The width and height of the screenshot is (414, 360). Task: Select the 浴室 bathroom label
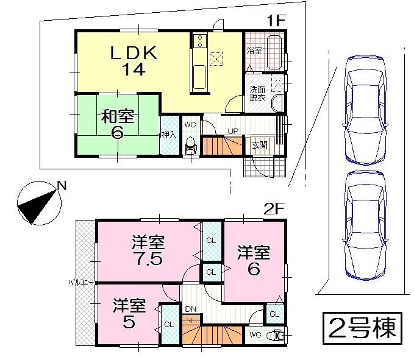pyautogui.click(x=254, y=51)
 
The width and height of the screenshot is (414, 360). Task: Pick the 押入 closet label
pyautogui.click(x=168, y=135)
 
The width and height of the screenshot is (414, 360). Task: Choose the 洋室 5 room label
pyautogui.click(x=129, y=313)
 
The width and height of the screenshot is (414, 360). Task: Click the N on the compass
pyautogui.click(x=61, y=186)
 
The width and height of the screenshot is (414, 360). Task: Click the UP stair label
pyautogui.click(x=233, y=131)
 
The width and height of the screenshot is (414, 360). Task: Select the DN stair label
pyautogui.click(x=190, y=309)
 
